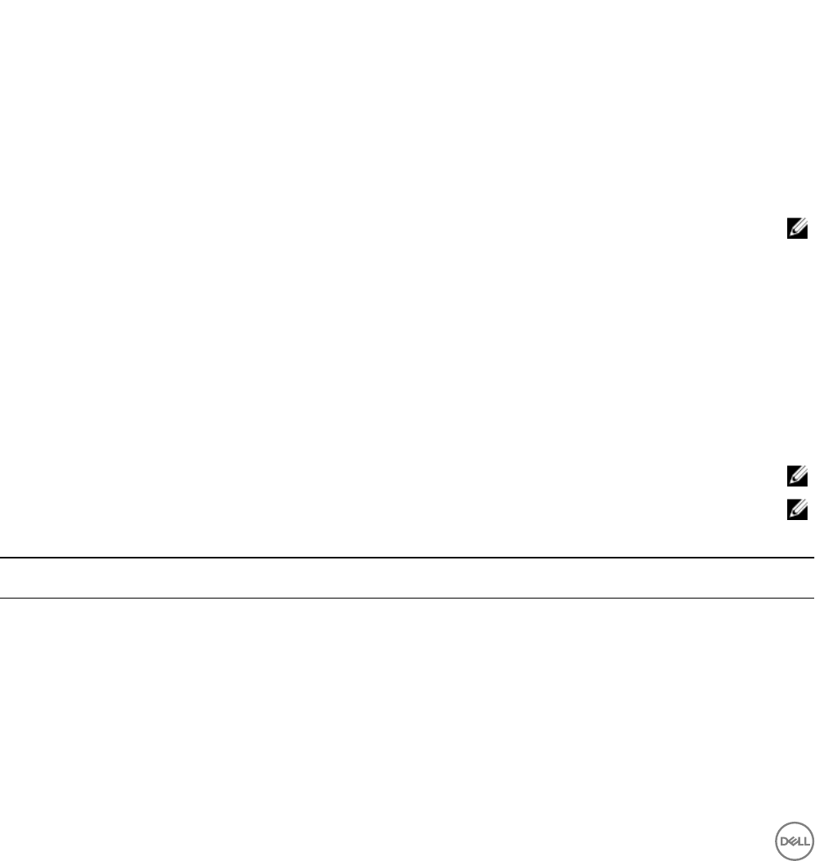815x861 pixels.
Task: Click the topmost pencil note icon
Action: pyautogui.click(x=791, y=231)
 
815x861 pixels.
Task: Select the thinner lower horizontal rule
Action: pyautogui.click(x=407, y=599)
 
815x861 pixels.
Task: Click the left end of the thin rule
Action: pyautogui.click(x=2, y=599)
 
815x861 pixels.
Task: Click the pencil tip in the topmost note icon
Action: pyautogui.click(x=787, y=235)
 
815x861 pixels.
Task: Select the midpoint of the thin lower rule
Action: pyautogui.click(x=407, y=599)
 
